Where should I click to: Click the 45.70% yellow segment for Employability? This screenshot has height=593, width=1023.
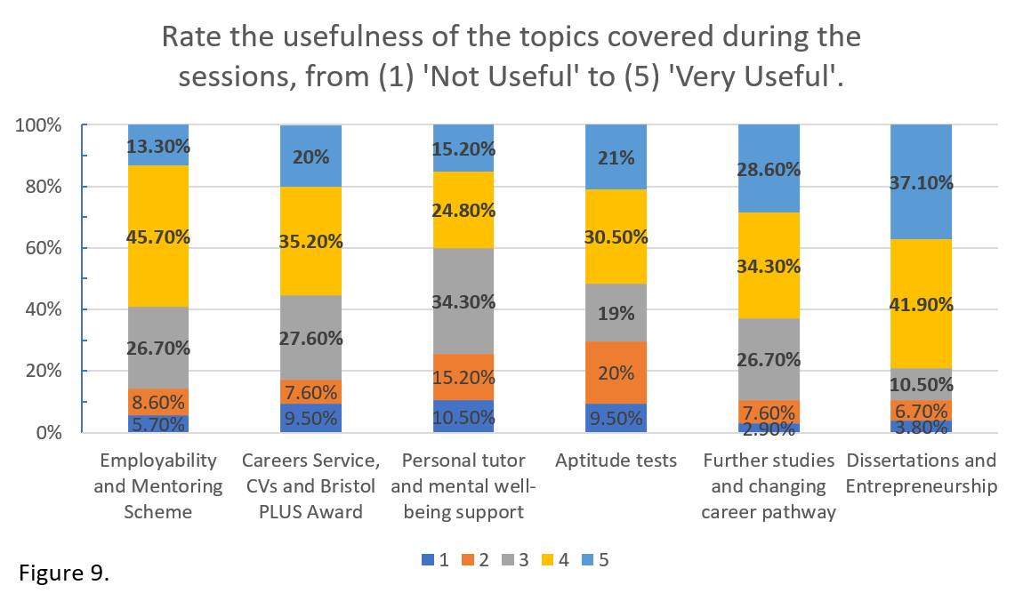coord(158,236)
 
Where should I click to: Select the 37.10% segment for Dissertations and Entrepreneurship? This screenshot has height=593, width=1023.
coord(921,182)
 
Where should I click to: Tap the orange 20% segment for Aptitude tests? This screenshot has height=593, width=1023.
coord(616,373)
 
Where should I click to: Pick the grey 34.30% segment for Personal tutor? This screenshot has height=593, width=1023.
coord(463,301)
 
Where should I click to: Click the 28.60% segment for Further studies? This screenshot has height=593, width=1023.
coord(769,169)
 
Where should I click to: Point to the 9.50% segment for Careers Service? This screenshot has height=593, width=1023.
coord(310,418)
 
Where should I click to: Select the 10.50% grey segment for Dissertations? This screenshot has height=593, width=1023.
coord(921,384)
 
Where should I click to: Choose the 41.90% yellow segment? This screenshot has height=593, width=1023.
coord(921,304)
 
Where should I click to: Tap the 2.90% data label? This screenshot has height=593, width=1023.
coord(769,429)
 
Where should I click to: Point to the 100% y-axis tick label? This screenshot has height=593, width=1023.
coord(38,125)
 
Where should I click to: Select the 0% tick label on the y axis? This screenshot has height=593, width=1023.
coord(47,433)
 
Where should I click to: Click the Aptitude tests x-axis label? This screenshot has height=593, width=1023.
coord(616,461)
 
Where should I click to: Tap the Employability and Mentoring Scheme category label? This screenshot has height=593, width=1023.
coord(158,486)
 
